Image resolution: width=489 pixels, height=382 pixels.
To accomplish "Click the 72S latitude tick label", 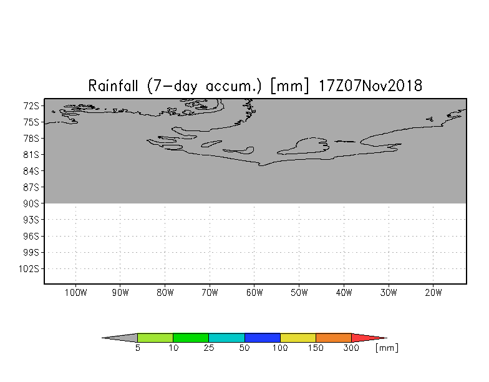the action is click(x=31, y=106).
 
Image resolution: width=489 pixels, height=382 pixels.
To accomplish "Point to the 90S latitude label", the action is click(x=31, y=203).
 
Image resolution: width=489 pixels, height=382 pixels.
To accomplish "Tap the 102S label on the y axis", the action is click(x=29, y=268).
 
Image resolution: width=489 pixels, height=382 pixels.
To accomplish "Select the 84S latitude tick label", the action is click(x=31, y=171).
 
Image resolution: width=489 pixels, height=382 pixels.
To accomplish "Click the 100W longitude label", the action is click(x=76, y=293).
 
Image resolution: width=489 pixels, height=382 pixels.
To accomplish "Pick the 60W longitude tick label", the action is click(x=254, y=293).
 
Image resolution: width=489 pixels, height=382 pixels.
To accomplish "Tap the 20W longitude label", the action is click(x=433, y=293).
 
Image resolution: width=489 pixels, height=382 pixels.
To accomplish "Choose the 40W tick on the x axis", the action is click(x=344, y=293).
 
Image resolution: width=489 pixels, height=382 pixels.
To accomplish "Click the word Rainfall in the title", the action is click(x=113, y=86).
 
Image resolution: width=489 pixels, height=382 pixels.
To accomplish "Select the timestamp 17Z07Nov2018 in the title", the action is click(x=370, y=86).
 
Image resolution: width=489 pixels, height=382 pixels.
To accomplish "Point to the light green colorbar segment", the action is click(x=155, y=338).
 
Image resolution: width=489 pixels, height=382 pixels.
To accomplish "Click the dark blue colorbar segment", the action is click(x=262, y=338).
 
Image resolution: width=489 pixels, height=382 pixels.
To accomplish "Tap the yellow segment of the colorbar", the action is click(x=298, y=338).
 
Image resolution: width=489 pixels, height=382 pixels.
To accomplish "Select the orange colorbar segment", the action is click(x=334, y=338).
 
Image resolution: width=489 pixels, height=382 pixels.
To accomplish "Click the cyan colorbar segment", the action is click(x=226, y=338).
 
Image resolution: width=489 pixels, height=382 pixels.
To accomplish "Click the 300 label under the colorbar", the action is click(x=352, y=348).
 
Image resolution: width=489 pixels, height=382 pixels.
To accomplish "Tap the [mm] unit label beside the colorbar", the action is click(x=387, y=348).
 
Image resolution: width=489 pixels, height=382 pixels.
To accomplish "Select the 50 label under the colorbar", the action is click(x=244, y=348).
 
